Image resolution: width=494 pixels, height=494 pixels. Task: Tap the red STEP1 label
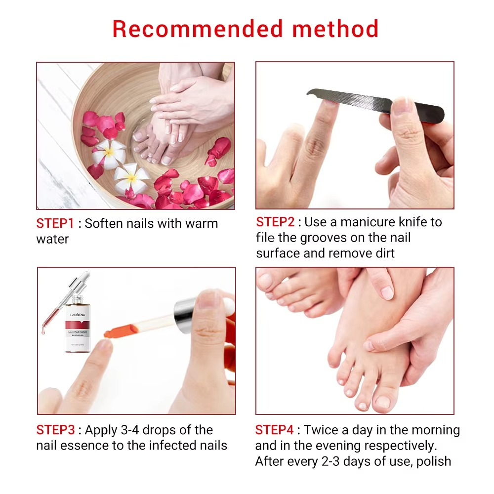(55, 223)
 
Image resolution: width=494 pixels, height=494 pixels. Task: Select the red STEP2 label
(275, 222)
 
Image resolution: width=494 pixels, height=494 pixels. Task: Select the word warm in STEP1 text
(202, 223)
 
